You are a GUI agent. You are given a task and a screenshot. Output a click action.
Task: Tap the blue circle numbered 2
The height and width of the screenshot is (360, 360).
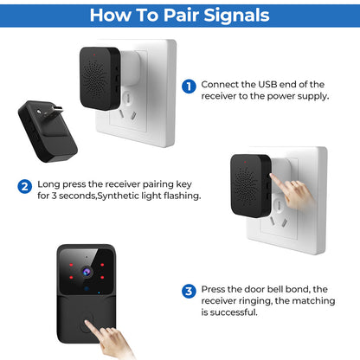pyautogui.click(x=25, y=185)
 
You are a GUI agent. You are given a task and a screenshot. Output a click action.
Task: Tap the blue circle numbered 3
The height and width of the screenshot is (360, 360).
pyautogui.click(x=188, y=290)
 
